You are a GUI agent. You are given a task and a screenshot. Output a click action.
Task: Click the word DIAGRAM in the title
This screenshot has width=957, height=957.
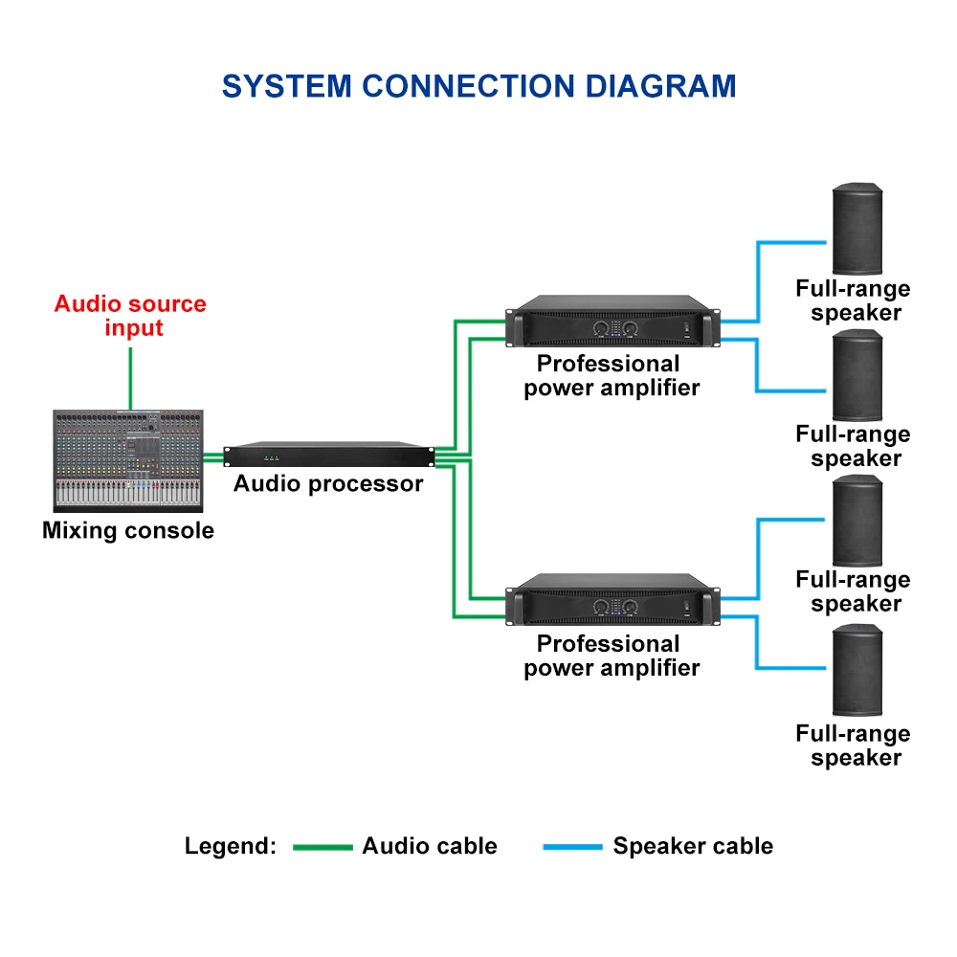(660, 86)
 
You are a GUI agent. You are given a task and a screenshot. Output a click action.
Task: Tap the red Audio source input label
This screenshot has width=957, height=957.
(130, 316)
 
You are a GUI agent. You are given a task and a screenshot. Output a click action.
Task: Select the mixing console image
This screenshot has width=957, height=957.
(128, 460)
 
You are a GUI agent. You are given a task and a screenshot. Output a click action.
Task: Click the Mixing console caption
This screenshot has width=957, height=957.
(128, 530)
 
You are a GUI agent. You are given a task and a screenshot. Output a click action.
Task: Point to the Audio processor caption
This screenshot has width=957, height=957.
(328, 484)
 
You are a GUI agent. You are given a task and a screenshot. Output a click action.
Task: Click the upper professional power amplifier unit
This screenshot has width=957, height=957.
(612, 323)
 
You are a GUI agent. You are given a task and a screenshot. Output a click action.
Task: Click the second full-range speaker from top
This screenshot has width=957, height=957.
(857, 375)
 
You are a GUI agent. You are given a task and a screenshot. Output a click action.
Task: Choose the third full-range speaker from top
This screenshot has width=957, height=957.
(857, 521)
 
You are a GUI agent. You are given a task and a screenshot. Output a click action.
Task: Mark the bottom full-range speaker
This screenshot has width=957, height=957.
(857, 670)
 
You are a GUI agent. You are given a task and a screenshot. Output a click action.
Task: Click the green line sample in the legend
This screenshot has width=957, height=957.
(323, 847)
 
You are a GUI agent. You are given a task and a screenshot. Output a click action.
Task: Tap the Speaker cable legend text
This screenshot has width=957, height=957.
(693, 846)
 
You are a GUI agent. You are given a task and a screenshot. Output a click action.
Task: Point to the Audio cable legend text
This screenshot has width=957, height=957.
(430, 846)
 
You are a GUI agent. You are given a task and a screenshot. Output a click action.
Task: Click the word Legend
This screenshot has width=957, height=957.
(230, 846)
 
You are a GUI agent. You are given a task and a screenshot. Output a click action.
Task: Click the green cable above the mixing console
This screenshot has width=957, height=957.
(130, 378)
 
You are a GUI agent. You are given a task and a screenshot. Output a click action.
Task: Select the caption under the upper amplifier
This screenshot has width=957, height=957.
(612, 376)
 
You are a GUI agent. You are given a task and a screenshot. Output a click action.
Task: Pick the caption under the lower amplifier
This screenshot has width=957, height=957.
(612, 656)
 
